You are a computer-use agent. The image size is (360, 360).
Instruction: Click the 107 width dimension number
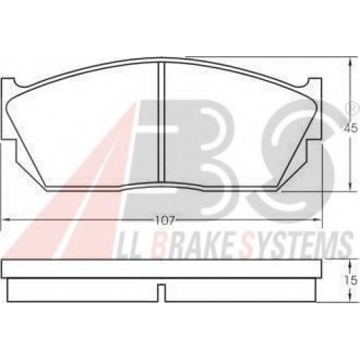(164, 220)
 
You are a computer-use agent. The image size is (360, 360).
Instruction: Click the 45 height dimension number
(351, 129)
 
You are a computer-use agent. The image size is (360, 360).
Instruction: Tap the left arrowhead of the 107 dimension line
(5, 220)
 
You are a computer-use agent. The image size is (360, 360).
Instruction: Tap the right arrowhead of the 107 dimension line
(318, 220)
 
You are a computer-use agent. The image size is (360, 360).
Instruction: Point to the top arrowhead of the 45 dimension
(351, 62)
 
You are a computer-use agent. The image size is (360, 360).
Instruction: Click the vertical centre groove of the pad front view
(161, 122)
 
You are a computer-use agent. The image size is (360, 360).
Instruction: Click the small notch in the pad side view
(162, 292)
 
